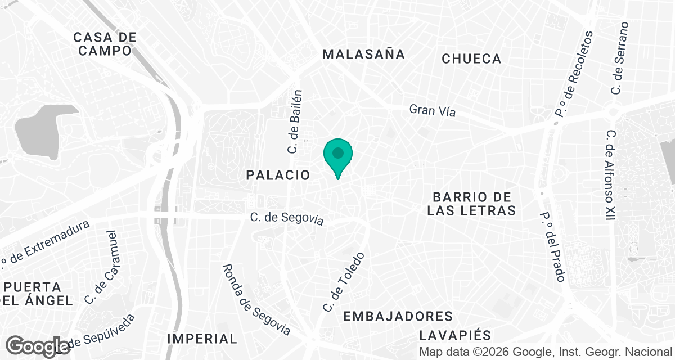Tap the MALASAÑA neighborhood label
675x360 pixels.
(x=363, y=54)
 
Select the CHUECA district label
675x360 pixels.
(x=471, y=58)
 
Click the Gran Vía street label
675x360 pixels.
(x=432, y=110)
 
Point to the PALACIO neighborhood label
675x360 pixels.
(x=278, y=175)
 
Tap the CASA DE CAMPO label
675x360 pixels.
(x=105, y=44)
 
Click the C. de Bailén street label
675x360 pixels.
(x=295, y=121)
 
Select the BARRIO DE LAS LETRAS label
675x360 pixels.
(x=471, y=204)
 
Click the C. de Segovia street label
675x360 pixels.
(x=287, y=217)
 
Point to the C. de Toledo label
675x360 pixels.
(x=344, y=282)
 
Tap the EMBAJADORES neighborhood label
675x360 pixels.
(x=398, y=316)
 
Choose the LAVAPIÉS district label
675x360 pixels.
(x=456, y=335)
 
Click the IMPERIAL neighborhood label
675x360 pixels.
(x=202, y=339)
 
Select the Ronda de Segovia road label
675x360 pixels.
(x=256, y=300)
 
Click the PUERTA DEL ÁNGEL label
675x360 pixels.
(x=37, y=293)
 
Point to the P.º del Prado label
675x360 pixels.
(x=552, y=247)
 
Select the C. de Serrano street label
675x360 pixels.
(x=619, y=58)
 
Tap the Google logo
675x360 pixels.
(x=38, y=345)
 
